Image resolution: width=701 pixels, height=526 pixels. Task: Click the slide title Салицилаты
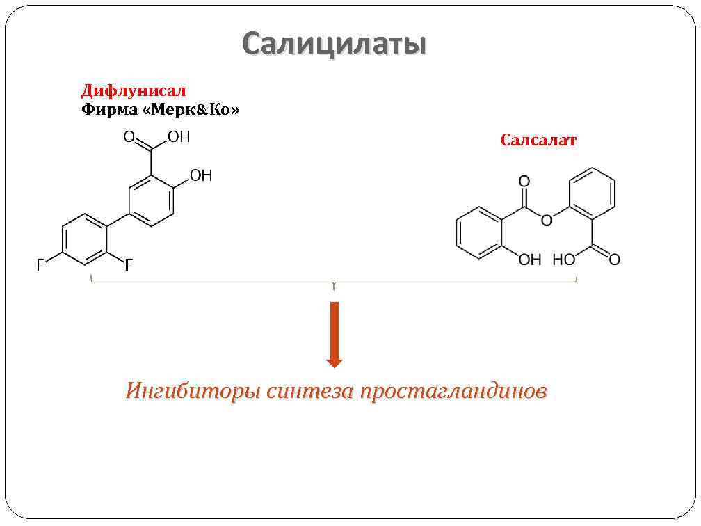coord(334,45)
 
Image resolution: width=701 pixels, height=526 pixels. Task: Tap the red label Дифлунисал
coord(134,90)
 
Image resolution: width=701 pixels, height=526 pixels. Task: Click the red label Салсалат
coord(538,140)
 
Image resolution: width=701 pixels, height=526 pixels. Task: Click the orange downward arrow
coord(335,335)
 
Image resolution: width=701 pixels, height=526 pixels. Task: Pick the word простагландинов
coord(453,391)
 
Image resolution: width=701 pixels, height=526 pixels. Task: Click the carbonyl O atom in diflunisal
coord(129,137)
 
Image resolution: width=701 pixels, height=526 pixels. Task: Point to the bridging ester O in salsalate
coord(546,221)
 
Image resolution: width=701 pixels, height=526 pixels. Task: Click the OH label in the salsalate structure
coord(530,260)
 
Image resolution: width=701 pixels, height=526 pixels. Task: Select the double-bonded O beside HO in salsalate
coord(613,260)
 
